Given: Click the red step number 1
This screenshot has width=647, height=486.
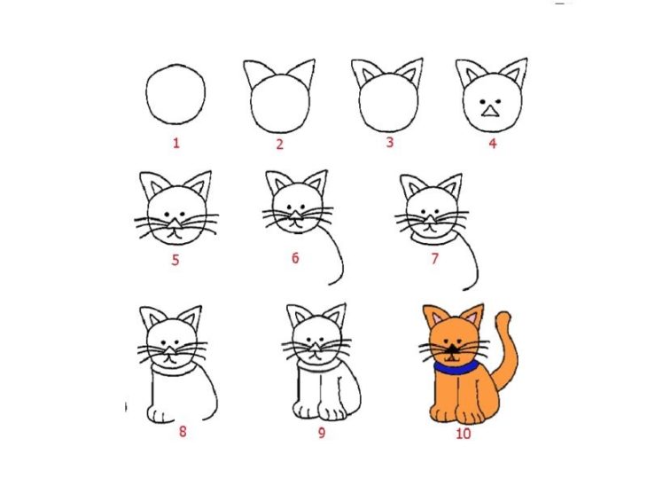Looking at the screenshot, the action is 176,144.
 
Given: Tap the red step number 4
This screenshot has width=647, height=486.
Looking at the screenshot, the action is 492,144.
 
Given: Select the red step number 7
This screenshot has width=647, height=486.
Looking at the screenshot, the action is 434,259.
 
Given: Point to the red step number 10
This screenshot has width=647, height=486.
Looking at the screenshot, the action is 463,434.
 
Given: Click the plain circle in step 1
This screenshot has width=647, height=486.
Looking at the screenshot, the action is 146,95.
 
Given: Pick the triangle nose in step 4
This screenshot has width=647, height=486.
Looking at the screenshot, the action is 490,111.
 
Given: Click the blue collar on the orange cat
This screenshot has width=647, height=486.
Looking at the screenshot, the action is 456,368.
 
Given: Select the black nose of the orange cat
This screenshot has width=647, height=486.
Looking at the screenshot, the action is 453,349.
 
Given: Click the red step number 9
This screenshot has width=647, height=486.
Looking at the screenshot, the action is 322,432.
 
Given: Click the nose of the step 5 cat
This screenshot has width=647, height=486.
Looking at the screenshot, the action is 175,223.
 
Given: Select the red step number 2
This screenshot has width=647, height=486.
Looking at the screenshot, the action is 280,145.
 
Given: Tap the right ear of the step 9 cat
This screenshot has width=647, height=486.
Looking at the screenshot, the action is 336,315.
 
